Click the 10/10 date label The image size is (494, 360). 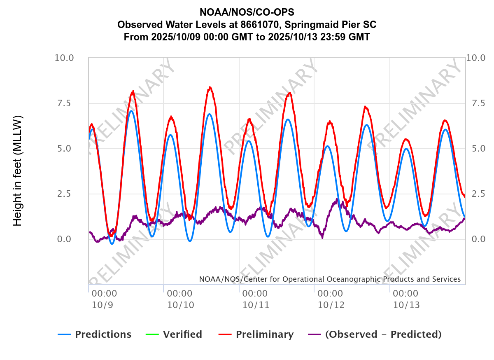(x=180, y=305)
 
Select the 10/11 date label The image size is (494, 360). (x=256, y=305)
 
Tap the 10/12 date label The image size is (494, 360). (x=331, y=305)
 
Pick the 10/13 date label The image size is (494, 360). (x=406, y=305)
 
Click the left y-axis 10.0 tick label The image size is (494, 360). (x=64, y=58)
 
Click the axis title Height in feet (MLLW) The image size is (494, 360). (x=17, y=171)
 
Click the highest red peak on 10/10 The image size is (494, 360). (x=210, y=87)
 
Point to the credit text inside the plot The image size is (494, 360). (x=330, y=279)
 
